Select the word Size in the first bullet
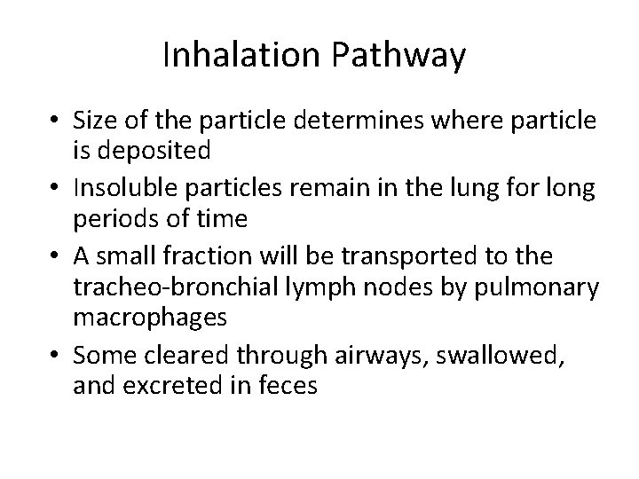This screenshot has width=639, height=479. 93,120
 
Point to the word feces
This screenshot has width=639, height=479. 286,385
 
